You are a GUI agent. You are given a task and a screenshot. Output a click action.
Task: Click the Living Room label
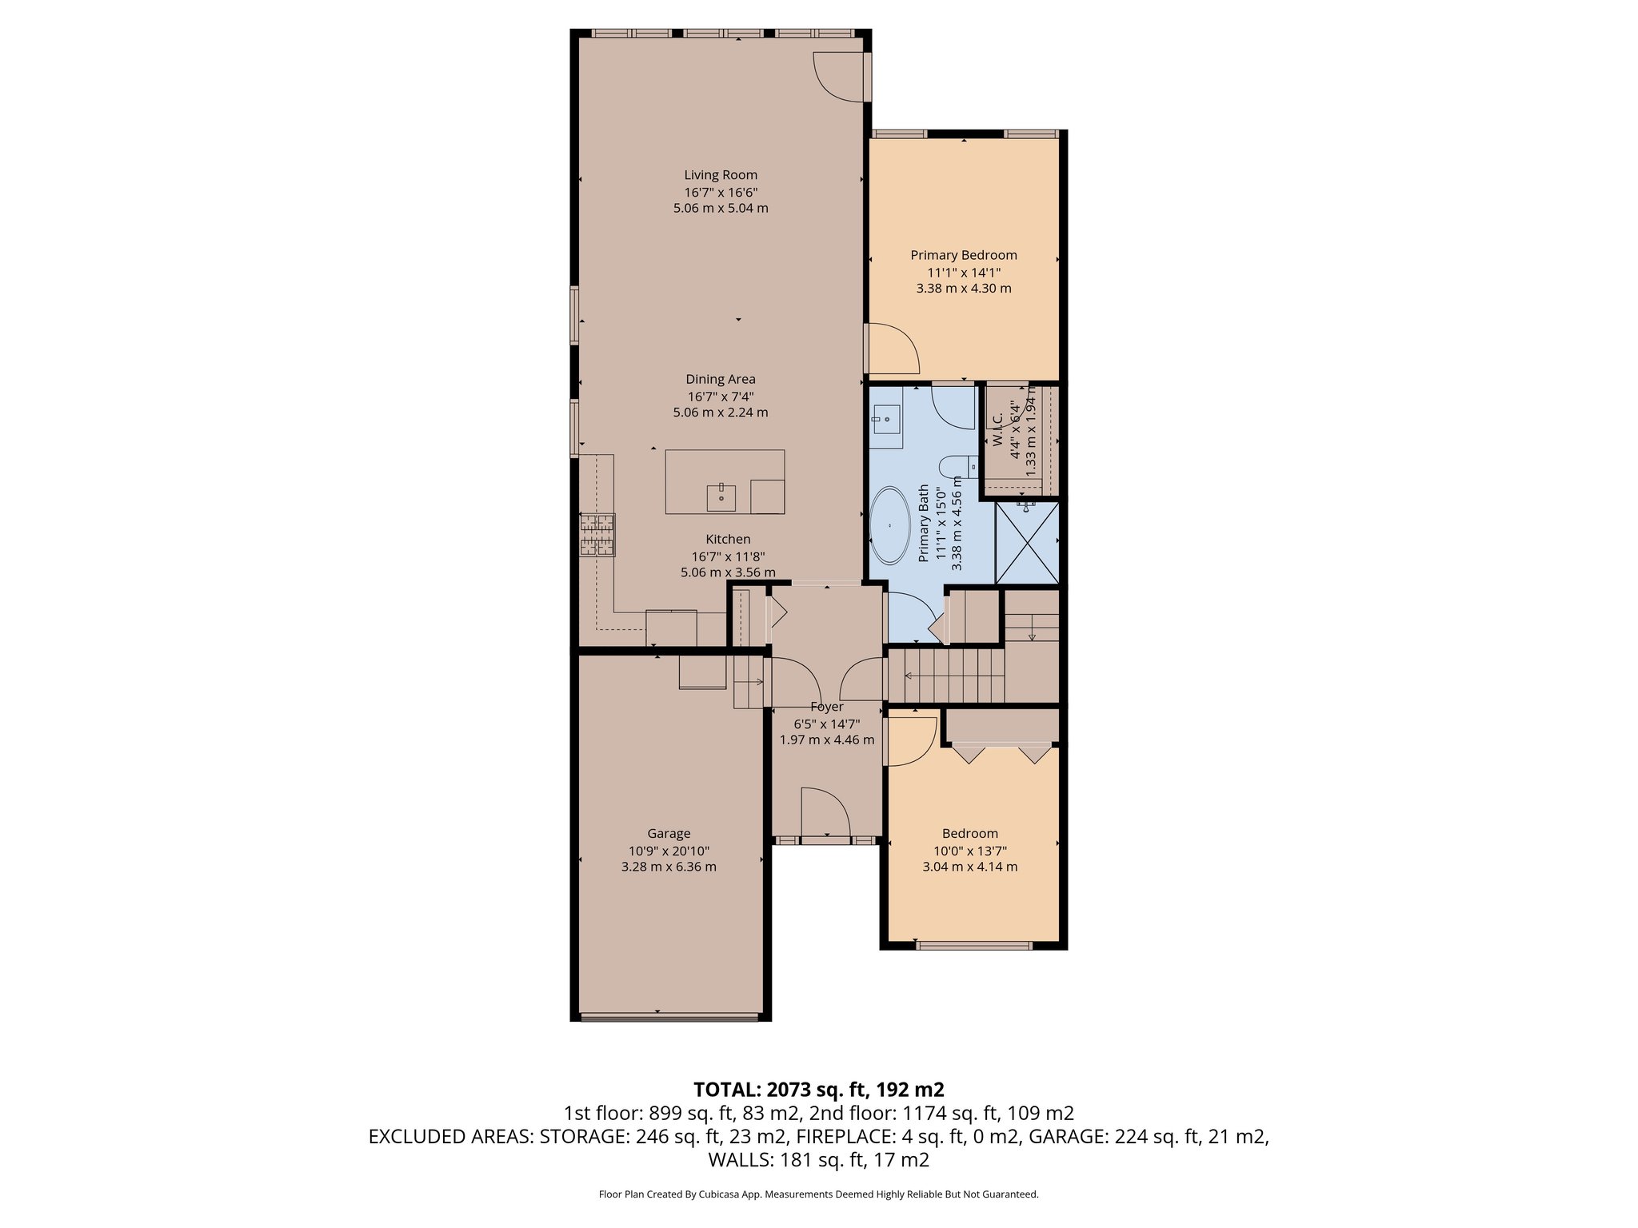721,175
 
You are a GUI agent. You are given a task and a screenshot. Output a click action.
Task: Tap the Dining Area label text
721,380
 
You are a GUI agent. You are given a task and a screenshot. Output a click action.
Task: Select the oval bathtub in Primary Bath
889,525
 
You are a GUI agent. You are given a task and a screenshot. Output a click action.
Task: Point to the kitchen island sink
162,497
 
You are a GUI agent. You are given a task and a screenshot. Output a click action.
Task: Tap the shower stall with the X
1027,542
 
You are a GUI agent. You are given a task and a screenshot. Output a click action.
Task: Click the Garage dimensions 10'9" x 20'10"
669,851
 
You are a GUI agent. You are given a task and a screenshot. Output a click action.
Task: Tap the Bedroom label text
969,834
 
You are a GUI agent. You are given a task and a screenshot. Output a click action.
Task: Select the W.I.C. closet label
997,430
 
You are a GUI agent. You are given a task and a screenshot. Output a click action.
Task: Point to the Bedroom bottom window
973,946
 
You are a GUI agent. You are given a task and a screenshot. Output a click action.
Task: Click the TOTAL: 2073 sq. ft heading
818,1090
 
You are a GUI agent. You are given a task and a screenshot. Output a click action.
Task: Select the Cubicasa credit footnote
818,1194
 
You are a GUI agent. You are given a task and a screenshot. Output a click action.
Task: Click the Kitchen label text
728,540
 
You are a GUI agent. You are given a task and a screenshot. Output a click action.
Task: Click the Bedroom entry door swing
910,740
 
